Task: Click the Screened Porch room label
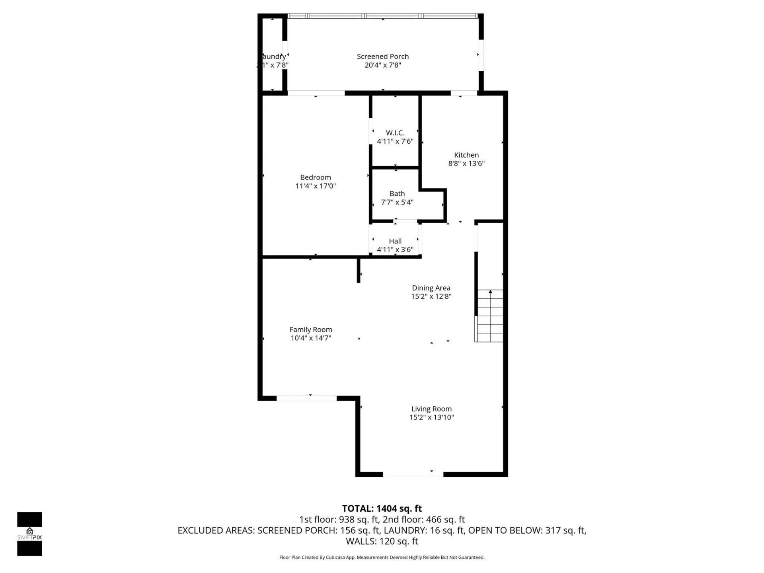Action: click(x=382, y=57)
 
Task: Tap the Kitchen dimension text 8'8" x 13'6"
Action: click(x=466, y=164)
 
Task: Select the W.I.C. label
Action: click(x=395, y=133)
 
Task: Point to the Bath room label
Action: click(x=397, y=194)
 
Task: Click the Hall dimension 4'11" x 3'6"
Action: click(x=395, y=250)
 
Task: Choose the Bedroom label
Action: click(x=316, y=177)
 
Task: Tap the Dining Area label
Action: click(x=431, y=288)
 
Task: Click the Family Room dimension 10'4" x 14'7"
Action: click(x=311, y=338)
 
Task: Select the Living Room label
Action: click(x=431, y=409)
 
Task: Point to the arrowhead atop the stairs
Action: click(x=490, y=292)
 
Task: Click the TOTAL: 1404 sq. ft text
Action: click(x=382, y=509)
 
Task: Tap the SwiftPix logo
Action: click(x=29, y=534)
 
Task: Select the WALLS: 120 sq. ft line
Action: click(x=382, y=541)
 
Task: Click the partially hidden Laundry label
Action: click(x=274, y=57)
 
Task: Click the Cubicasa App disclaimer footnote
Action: click(x=382, y=557)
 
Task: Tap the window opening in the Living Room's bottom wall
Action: click(x=413, y=474)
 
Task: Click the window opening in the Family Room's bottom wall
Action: click(x=306, y=398)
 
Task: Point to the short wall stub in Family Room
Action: click(x=359, y=271)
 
